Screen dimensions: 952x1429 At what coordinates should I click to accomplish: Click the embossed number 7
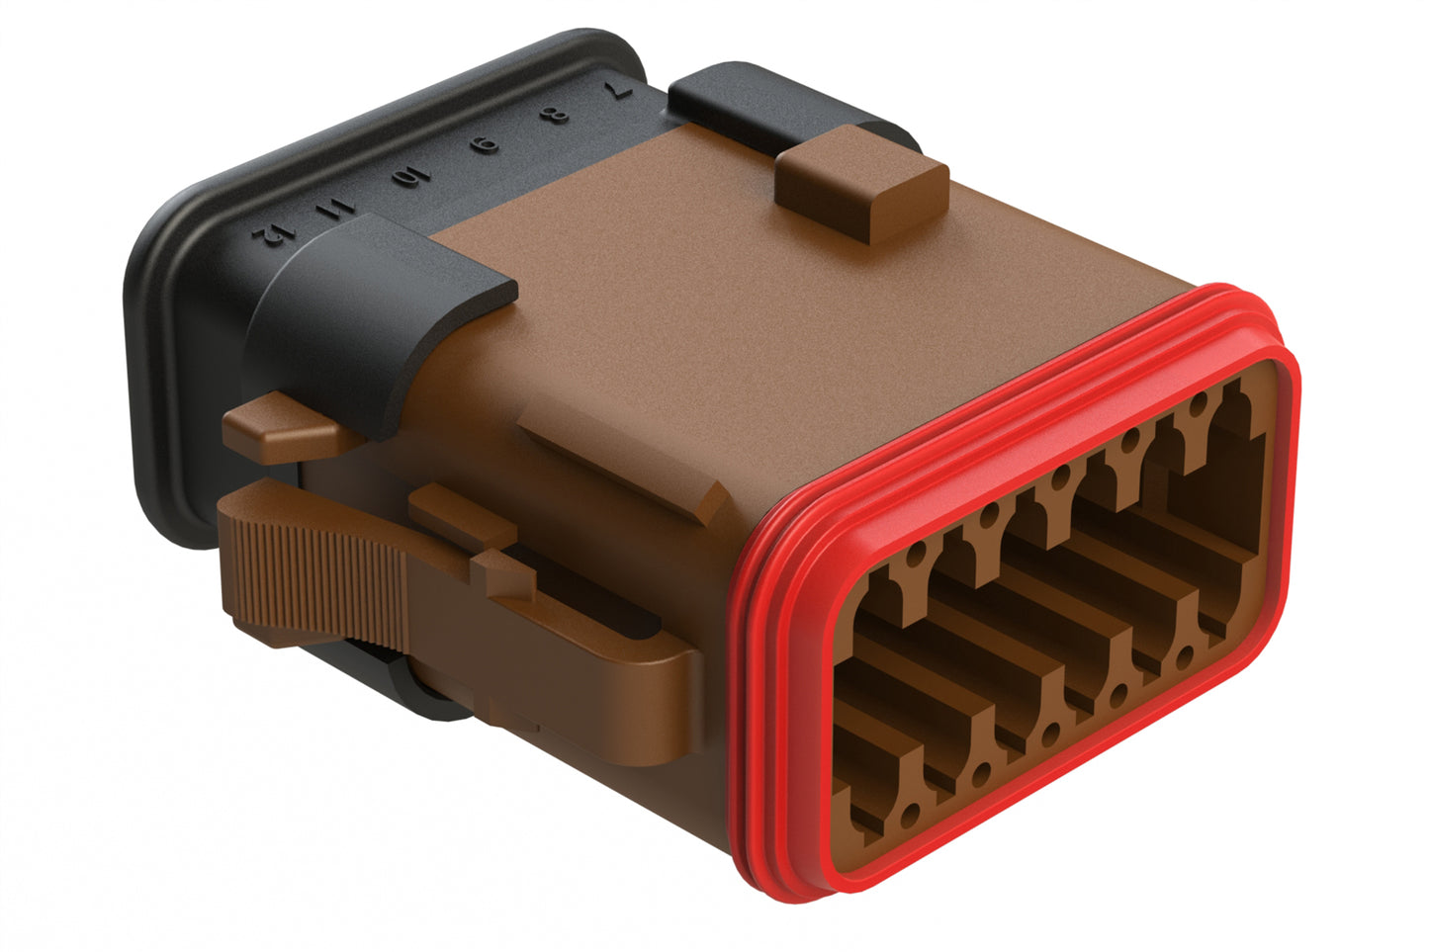point(619,88)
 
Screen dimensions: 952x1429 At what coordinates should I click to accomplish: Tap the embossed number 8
point(558,117)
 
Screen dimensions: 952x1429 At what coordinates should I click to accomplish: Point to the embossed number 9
point(487,147)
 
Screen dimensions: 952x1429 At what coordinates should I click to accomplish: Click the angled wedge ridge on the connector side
point(633,465)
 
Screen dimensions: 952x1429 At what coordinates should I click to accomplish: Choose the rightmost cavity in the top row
point(1236,465)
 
